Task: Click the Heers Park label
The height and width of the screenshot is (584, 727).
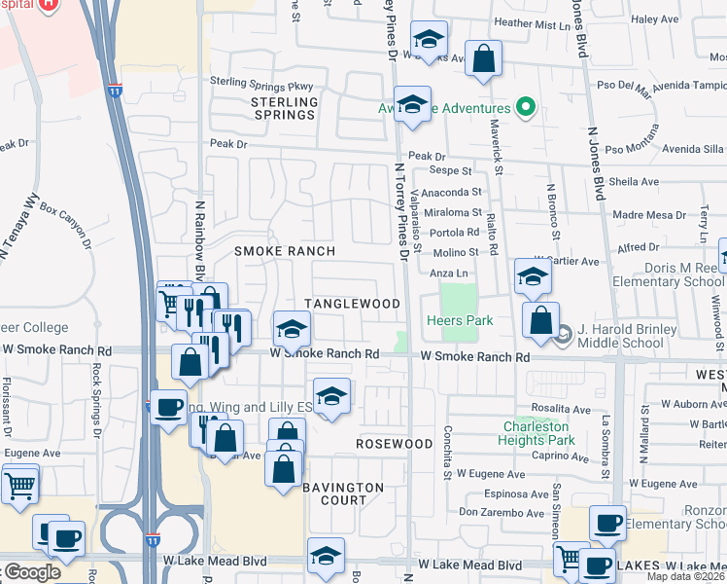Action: tap(460, 320)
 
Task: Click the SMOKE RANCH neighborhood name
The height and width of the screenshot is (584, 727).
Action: tap(285, 251)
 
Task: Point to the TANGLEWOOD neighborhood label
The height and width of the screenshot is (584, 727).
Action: tap(353, 304)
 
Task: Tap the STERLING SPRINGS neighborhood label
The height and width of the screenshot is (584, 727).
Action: tap(285, 108)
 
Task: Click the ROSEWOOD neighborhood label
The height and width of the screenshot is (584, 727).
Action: tap(394, 444)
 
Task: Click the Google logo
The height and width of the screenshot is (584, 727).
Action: tap(32, 572)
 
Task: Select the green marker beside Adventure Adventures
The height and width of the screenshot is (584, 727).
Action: tap(526, 107)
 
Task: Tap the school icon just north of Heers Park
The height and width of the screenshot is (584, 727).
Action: tap(533, 277)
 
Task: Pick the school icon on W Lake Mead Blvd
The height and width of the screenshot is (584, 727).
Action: tap(326, 556)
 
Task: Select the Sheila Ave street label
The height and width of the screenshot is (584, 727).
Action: tap(635, 181)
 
